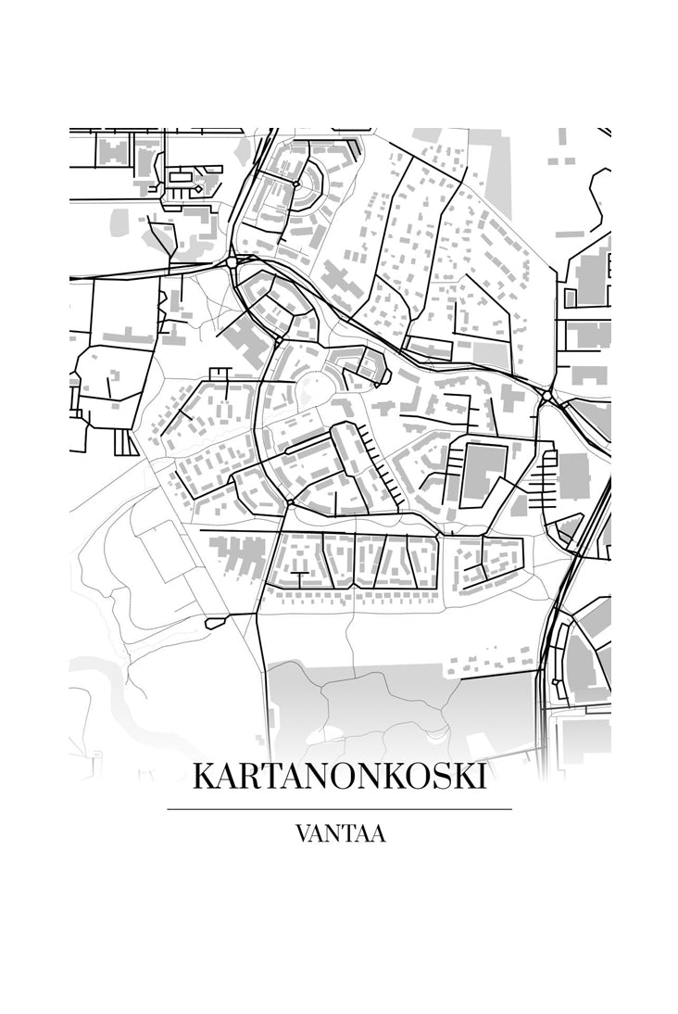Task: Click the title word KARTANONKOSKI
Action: click(339, 777)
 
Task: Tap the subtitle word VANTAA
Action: click(340, 833)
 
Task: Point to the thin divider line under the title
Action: click(339, 809)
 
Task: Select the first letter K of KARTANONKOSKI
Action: click(204, 777)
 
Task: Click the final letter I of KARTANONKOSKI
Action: click(480, 777)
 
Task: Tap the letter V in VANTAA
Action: click(304, 833)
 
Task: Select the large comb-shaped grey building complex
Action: click(237, 554)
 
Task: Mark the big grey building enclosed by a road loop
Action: click(483, 473)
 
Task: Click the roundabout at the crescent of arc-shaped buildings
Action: click(295, 184)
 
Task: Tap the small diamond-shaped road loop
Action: click(197, 189)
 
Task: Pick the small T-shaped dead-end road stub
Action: click(220, 372)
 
